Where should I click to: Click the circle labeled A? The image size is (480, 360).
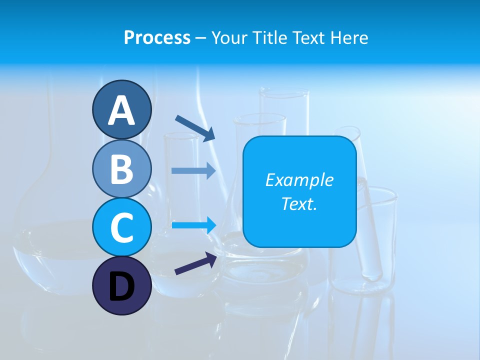pos(121,109)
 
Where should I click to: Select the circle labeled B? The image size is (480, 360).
pos(121,168)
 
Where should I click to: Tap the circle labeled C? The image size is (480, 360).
pos(121,227)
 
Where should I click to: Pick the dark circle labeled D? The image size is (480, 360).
pos(121,286)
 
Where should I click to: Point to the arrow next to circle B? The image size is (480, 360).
pos(193,170)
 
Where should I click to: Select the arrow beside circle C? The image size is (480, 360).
pos(193,225)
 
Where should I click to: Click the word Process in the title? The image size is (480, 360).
pos(157,38)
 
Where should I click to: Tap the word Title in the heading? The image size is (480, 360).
pos(270,38)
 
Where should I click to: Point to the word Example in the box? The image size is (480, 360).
pos(299,180)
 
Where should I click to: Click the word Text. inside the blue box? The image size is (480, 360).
pos(299,203)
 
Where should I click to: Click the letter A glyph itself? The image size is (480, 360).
pos(121,110)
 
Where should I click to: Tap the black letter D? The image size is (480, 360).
pos(121,286)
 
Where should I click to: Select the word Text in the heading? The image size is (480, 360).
pos(309,38)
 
